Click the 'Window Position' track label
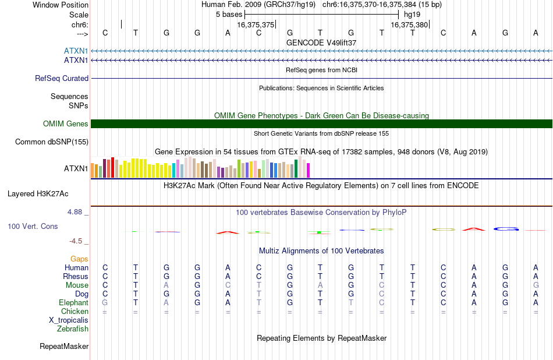(61, 5)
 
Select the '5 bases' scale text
(229, 15)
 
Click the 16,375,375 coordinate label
(256, 24)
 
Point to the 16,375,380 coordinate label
(409, 24)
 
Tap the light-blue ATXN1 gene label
(76, 51)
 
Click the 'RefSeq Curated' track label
(62, 79)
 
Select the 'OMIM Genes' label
(66, 124)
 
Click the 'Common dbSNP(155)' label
(52, 142)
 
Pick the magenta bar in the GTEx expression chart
(309, 170)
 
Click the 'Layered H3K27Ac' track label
(38, 194)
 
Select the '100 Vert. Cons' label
(33, 226)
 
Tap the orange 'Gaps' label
(79, 259)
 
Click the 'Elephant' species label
(74, 303)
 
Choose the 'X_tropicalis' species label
(69, 320)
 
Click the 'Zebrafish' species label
(73, 329)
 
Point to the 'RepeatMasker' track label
(64, 346)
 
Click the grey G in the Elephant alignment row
(105, 303)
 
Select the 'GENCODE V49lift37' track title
(321, 43)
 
